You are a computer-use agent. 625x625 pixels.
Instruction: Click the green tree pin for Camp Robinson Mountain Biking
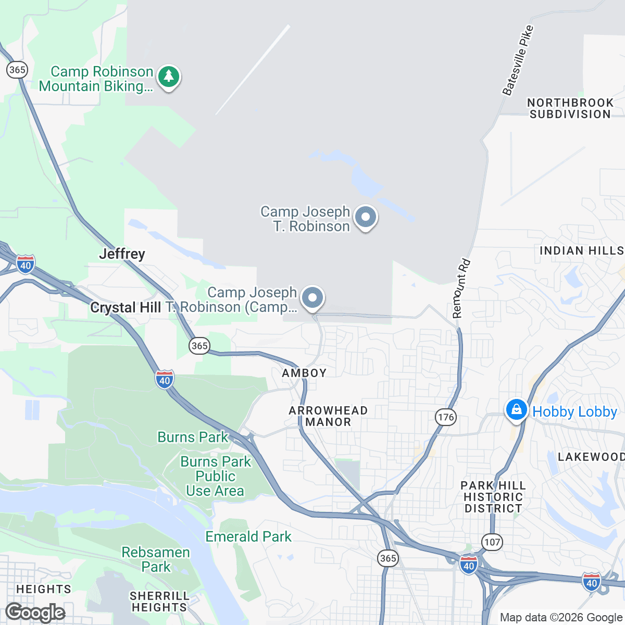[168, 77]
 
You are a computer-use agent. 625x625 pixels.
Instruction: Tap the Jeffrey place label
[122, 254]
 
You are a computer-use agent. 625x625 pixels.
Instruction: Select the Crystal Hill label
[126, 308]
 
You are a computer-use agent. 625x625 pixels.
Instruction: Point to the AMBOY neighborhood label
[304, 373]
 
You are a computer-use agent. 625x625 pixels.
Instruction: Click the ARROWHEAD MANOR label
[328, 416]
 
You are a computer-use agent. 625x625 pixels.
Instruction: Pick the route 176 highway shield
[446, 417]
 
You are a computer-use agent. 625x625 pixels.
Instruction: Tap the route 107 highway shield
[492, 542]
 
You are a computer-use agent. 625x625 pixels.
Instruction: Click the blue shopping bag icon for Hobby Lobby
[516, 410]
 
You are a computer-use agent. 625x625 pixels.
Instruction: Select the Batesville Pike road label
[518, 60]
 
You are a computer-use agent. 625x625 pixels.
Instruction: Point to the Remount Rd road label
[461, 289]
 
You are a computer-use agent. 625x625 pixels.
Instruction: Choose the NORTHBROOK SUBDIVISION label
[570, 108]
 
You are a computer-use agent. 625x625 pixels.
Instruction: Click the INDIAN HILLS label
[581, 251]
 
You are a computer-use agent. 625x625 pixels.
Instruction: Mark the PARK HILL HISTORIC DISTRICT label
[493, 497]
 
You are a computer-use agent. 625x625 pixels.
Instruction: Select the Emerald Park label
[248, 536]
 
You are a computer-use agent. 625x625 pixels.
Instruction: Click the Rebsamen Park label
[156, 559]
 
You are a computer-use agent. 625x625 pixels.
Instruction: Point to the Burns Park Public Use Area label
[216, 476]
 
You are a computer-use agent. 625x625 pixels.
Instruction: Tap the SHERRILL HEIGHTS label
[159, 602]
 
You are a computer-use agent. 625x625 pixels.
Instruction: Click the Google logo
[35, 612]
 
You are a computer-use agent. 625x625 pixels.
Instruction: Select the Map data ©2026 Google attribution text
[561, 618]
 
